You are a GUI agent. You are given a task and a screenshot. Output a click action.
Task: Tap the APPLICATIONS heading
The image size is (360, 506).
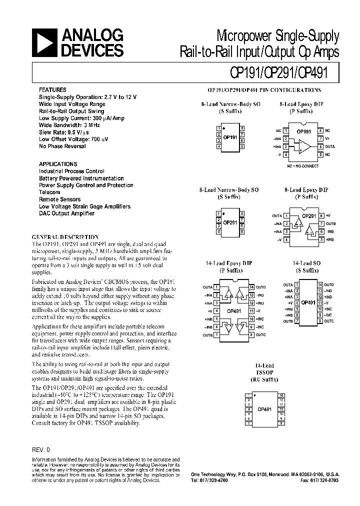[x=58, y=164]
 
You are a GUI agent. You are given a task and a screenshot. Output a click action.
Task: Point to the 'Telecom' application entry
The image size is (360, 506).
[x=49, y=192]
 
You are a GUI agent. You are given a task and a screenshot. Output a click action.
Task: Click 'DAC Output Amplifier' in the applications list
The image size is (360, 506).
[x=66, y=213]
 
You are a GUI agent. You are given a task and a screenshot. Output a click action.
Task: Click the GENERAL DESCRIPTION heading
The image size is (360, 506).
[x=65, y=236]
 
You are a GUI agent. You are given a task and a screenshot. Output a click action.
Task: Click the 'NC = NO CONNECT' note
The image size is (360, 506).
[x=302, y=164]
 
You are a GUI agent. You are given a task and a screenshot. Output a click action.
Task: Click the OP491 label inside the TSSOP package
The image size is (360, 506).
[x=264, y=409]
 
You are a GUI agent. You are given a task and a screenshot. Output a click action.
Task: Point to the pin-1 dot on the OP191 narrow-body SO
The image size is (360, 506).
[x=223, y=128]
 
